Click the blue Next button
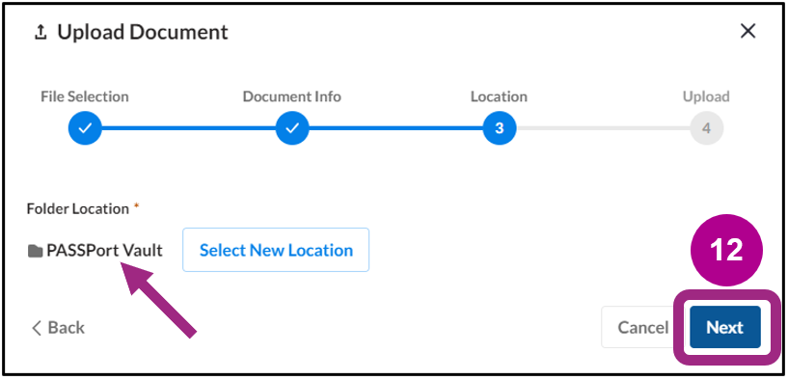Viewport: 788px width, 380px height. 724,327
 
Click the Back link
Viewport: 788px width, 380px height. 58,327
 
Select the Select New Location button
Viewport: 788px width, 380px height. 276,250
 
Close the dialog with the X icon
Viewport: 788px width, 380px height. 747,31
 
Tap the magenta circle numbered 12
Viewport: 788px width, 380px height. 726,250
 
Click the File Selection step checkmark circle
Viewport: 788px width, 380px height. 85,127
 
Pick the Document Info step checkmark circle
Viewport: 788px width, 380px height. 292,127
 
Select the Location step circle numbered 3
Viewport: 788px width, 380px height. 500,127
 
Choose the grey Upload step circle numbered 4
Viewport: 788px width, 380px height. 706,127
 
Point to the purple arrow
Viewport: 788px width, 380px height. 158,302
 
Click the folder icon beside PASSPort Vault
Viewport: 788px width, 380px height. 36,251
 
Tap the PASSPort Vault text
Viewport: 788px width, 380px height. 104,251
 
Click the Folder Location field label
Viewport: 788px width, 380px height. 77,208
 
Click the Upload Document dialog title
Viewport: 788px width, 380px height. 142,32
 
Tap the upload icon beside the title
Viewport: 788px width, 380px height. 41,32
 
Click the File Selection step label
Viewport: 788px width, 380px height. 85,96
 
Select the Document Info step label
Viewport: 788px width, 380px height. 291,96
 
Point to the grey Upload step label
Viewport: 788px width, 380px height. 706,96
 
